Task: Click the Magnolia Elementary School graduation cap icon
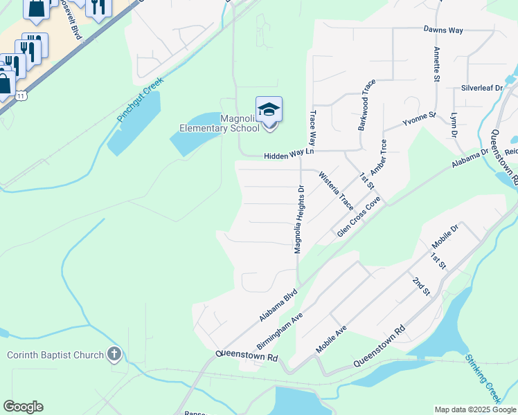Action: [269, 110]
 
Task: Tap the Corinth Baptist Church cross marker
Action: [114, 356]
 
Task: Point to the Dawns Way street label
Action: [443, 30]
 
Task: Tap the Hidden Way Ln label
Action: [289, 157]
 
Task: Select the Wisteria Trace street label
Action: [336, 192]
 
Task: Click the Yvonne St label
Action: [420, 120]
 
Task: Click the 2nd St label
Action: [420, 286]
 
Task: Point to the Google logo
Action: [23, 407]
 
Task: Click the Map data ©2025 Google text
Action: [474, 409]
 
